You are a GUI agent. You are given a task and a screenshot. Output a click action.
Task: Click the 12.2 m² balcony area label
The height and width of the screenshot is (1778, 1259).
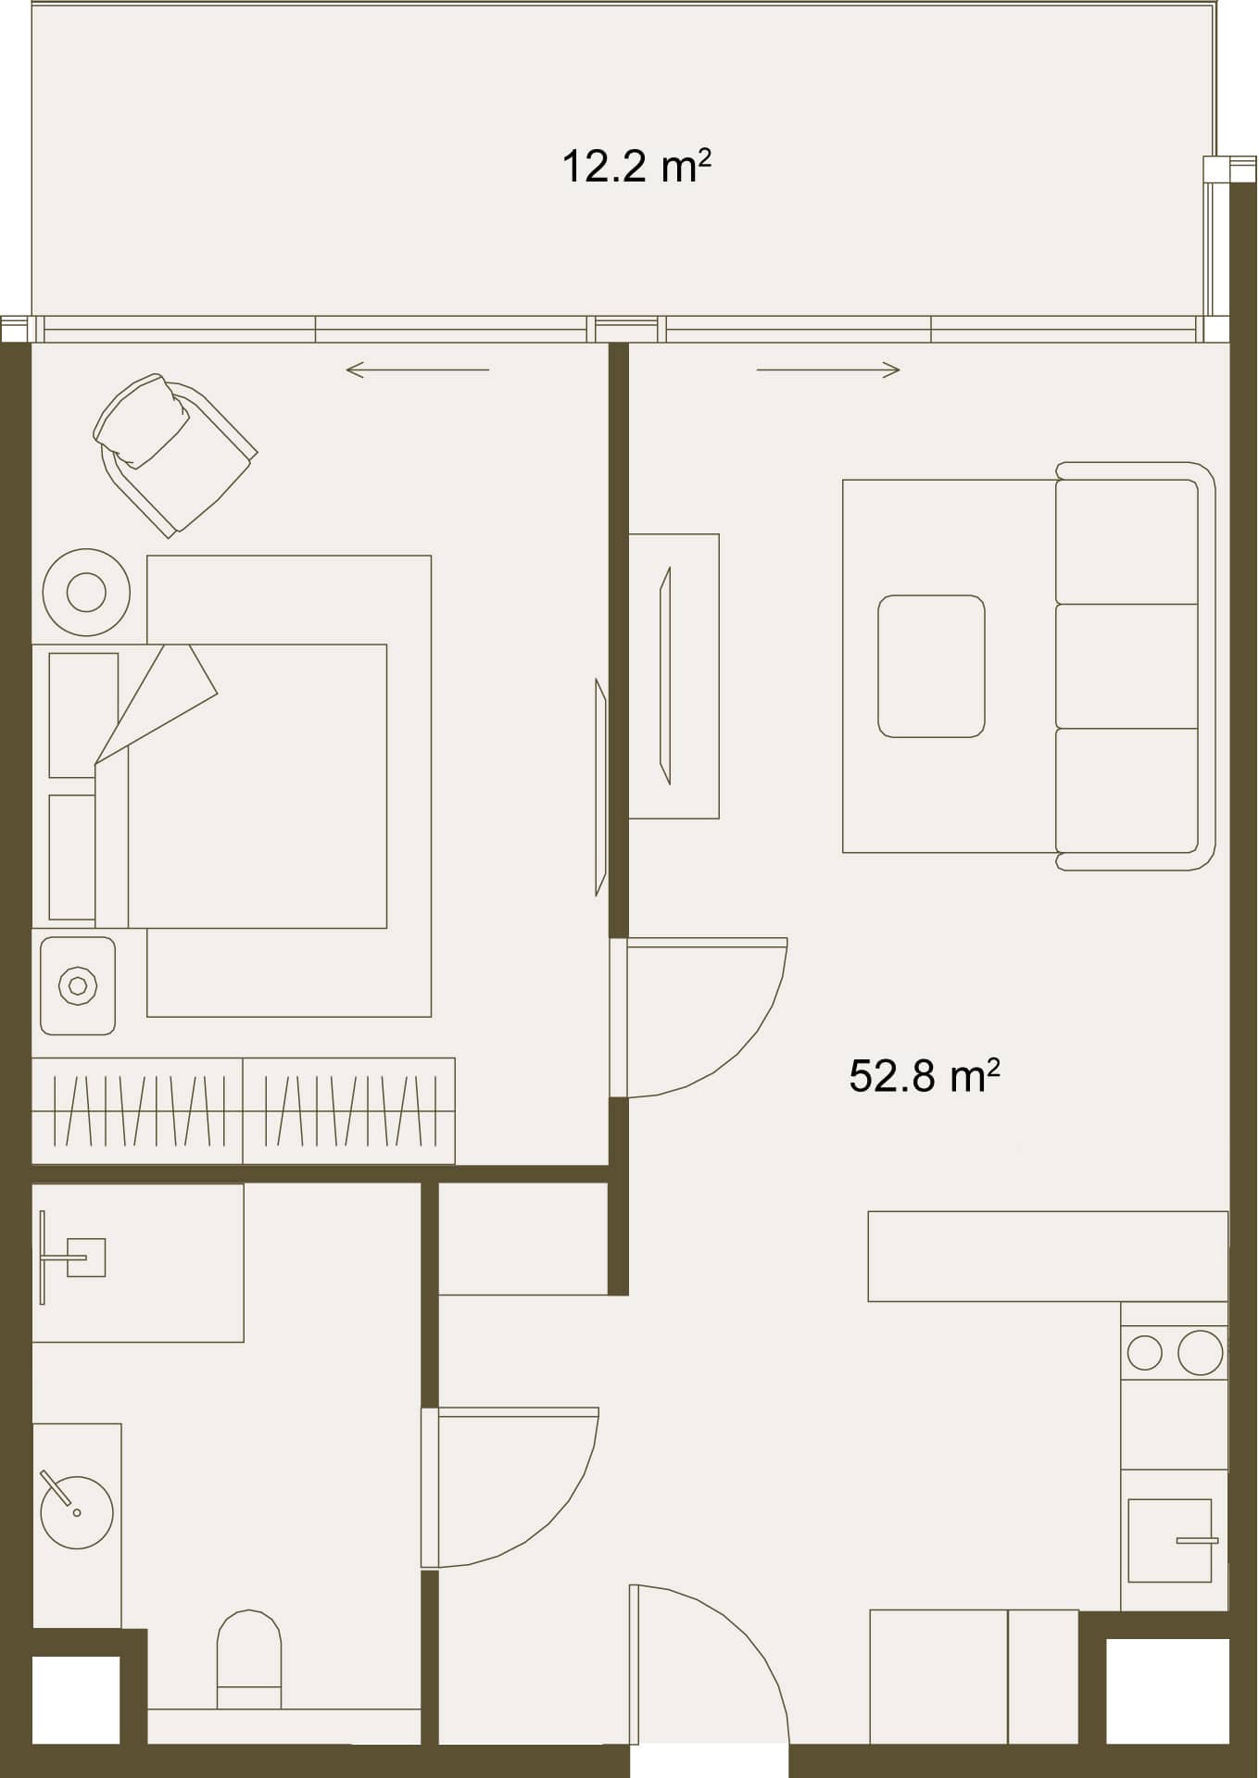[x=636, y=167]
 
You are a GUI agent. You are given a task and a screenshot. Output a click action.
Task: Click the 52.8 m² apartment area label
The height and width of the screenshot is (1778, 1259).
[x=924, y=1076]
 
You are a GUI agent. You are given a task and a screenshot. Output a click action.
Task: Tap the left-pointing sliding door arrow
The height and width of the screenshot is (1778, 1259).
[x=418, y=370]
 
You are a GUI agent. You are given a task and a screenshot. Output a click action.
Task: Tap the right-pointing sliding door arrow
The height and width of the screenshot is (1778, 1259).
[x=828, y=370]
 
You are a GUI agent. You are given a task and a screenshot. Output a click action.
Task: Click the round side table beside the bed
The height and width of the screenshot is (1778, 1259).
[x=86, y=592]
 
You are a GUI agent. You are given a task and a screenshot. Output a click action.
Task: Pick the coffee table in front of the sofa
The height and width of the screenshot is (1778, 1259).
[x=931, y=666]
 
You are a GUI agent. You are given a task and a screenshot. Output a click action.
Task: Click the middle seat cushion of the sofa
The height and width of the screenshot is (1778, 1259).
[x=1127, y=666]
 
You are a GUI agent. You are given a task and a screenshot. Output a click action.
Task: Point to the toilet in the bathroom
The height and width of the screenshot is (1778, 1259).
[x=249, y=1659]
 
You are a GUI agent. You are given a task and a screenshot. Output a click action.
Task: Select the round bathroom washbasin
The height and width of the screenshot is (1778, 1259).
[x=77, y=1512]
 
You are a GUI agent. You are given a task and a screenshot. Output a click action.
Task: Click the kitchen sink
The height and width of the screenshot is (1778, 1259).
[x=1170, y=1540]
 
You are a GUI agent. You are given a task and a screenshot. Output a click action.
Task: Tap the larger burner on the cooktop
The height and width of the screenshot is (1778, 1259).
[x=1201, y=1353]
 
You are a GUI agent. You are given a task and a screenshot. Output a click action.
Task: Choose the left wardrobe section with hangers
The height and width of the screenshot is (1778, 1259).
[x=137, y=1110]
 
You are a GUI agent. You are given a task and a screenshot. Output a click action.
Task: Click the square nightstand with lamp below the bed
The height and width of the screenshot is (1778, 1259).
[x=78, y=985]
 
